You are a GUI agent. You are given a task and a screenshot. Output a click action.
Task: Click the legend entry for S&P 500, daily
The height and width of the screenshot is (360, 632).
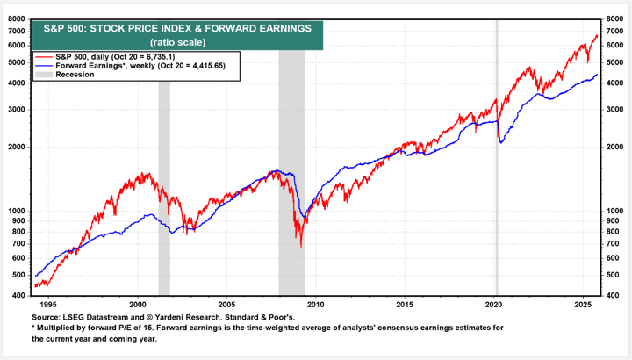pyautogui.click(x=123, y=56)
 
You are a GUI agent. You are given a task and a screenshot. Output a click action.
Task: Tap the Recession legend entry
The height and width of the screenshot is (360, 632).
pyautogui.click(x=75, y=75)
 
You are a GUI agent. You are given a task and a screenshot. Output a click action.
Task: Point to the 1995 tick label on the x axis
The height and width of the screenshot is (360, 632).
pyautogui.click(x=47, y=304)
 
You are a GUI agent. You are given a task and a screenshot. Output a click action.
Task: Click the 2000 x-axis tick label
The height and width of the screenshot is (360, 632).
pyautogui.click(x=137, y=304)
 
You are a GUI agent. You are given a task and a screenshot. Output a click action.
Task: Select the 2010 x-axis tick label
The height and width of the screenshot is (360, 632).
pyautogui.click(x=315, y=304)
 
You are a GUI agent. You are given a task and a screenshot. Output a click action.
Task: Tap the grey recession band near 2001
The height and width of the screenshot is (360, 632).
pyautogui.click(x=164, y=176)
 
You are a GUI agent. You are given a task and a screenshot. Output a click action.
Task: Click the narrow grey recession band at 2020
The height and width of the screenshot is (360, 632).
pyautogui.click(x=496, y=176)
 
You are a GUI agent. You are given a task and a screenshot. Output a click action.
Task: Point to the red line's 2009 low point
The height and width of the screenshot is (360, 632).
pyautogui.click(x=301, y=247)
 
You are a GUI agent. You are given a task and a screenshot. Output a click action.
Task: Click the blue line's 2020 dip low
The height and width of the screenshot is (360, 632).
pyautogui.click(x=500, y=142)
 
